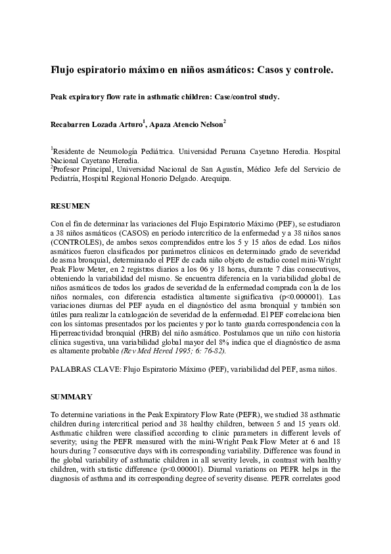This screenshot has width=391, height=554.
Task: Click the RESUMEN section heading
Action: coord(68,206)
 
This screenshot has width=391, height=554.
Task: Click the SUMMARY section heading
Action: coord(70,397)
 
